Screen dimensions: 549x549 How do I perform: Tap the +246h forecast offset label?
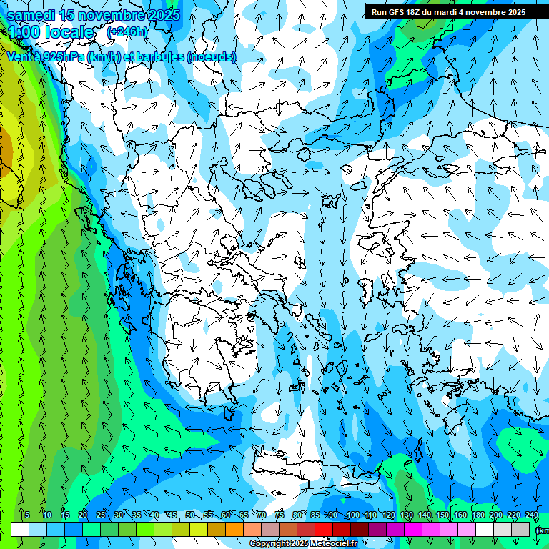[x=127, y=32]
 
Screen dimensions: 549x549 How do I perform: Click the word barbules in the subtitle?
[x=162, y=56]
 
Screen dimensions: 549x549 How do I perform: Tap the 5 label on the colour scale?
[x=26, y=515]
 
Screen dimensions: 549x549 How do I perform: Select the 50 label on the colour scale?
[x=190, y=515]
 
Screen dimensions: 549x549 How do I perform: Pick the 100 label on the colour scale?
[x=352, y=515]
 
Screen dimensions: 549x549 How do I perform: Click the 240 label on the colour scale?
[x=531, y=515]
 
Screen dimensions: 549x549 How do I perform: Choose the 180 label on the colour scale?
[x=477, y=515]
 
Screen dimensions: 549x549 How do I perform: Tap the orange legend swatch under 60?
[x=234, y=529]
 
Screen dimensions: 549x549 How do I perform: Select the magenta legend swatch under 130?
[x=413, y=529]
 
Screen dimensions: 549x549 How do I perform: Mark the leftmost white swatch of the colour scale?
[x=20, y=529]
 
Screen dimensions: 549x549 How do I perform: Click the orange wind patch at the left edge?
[x=5, y=149]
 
